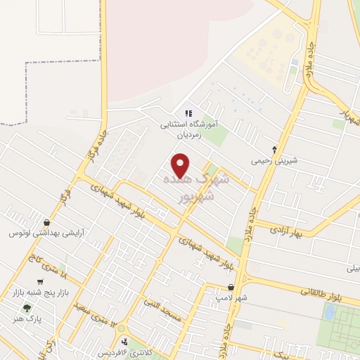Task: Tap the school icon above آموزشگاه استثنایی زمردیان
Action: point(188,113)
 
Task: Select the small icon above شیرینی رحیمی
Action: point(274,149)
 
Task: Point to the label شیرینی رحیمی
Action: point(275,160)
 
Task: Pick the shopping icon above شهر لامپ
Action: point(231,287)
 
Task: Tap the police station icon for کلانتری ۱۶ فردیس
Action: point(124,342)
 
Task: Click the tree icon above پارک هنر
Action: point(27,308)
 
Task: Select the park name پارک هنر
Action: point(26,319)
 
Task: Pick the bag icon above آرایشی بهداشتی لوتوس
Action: point(46,221)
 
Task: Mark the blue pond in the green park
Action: point(329,311)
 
